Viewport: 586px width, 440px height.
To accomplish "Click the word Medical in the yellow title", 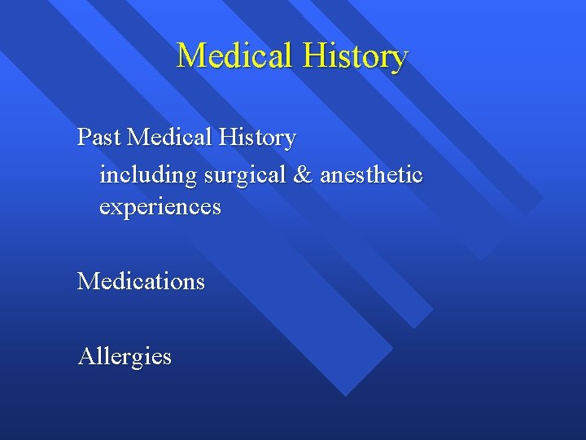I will (235, 55).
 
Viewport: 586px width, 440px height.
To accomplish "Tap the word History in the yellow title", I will (356, 55).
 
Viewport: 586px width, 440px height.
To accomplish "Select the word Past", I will (99, 137).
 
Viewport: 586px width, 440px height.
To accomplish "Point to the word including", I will (148, 174).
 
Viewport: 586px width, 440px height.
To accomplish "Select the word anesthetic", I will (371, 174).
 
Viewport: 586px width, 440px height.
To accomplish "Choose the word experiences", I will (160, 207).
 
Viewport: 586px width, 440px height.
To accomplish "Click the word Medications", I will (141, 281).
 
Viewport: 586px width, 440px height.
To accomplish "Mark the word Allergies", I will (125, 356).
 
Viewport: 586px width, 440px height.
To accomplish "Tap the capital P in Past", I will (83, 137).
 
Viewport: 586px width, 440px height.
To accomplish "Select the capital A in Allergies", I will (85, 356).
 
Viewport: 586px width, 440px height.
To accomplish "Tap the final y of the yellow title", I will (399, 59).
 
